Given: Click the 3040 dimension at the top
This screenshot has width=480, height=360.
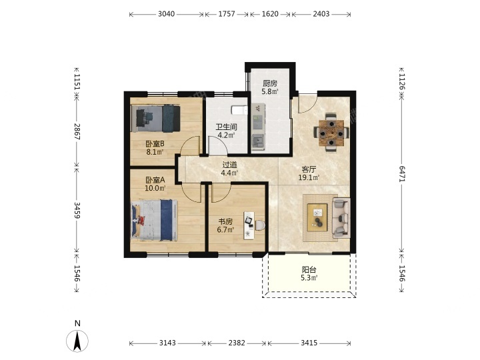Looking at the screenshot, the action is point(166,14).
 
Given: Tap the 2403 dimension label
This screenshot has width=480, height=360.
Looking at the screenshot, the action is point(321,14).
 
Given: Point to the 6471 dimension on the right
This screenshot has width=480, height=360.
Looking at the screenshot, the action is point(401,174).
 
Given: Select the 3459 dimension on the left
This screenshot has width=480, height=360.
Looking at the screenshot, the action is point(77,210).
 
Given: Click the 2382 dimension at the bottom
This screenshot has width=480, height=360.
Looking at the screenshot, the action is point(237,343).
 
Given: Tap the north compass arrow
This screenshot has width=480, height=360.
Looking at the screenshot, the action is point(77,341).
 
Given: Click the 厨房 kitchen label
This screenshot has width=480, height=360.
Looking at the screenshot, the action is point(270,83).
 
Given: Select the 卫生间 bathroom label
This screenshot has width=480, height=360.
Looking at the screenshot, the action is point(227,127).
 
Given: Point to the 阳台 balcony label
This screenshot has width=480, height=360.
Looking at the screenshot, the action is point(309,270).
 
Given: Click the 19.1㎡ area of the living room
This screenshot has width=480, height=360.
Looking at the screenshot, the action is point(309,177).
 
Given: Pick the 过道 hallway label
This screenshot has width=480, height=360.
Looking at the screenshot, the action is point(229,165).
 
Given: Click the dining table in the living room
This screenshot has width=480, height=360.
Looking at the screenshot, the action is point(331,133).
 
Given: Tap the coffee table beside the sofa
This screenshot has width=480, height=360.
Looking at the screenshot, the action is point(317,217).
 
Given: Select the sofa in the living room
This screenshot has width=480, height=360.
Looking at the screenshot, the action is point(341,217).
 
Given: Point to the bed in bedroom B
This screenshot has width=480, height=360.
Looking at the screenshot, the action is point(155,119).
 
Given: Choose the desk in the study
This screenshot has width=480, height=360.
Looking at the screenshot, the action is point(249,225).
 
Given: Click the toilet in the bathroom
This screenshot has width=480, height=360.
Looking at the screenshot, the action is point(239,110).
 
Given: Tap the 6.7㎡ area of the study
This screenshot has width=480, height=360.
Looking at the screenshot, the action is point(225,229).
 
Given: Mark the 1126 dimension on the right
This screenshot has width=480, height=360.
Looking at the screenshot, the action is point(401,82).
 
